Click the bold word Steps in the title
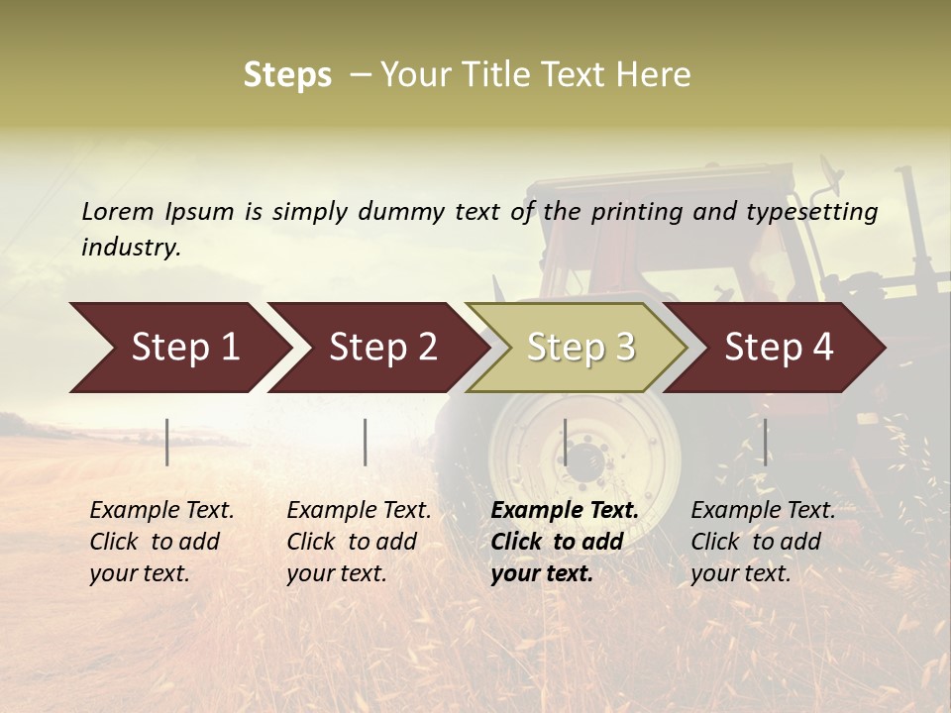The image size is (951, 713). [287, 75]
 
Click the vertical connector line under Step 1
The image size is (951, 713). [167, 442]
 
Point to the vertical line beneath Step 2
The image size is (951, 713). [366, 442]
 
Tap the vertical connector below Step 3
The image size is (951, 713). [565, 442]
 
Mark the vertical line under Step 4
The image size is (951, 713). [765, 442]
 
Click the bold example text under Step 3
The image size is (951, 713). [565, 542]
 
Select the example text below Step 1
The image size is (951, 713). [161, 542]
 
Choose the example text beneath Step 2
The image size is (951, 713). [359, 542]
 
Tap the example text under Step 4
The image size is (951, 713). [763, 542]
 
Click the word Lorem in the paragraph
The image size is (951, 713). [117, 212]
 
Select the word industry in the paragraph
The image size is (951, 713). [130, 248]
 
